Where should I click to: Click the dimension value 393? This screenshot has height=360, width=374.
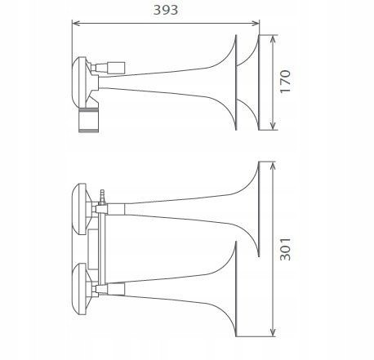[166, 10]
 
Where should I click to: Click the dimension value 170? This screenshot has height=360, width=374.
[285, 82]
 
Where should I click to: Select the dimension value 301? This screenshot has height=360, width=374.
[285, 249]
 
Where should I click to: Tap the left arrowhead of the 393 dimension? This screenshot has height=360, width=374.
[76, 24]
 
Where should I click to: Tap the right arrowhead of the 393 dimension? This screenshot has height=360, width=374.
[256, 24]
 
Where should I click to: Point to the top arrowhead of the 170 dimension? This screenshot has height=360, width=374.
[273, 39]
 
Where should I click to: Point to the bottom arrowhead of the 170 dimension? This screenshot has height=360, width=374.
[273, 126]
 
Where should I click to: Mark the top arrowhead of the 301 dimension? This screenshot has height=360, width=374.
[272, 166]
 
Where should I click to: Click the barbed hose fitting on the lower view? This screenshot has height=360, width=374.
[102, 197]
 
